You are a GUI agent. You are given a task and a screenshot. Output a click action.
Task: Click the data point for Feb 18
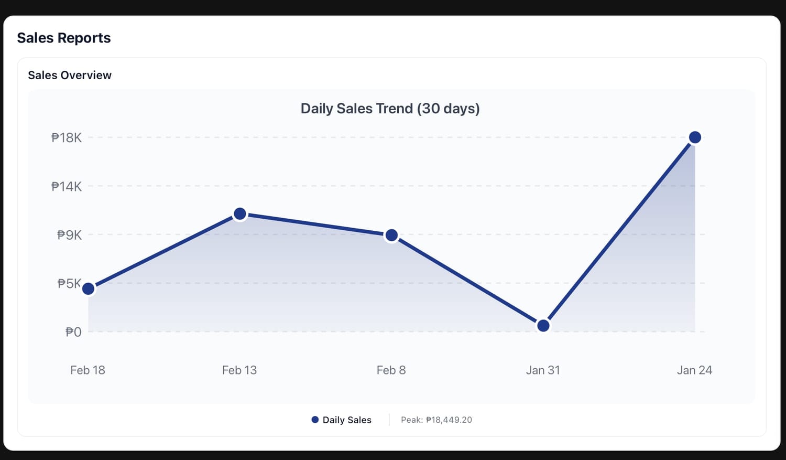coord(89,288)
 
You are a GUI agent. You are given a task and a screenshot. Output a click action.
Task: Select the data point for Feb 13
coord(240,213)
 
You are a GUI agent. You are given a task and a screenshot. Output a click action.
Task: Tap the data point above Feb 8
coord(391,236)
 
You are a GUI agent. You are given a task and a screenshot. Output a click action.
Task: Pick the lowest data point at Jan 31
coord(543,326)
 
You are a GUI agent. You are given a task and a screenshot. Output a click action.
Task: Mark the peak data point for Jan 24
coord(695,137)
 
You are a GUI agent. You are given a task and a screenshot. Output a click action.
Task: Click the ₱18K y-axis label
coord(67,138)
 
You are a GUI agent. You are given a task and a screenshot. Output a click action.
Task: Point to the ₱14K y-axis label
coord(67,186)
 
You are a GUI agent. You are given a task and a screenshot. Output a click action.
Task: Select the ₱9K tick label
coord(70,235)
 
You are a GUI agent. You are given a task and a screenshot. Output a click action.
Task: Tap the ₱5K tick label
coord(70,284)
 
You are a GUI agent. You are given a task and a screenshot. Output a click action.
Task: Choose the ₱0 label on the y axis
coord(73,332)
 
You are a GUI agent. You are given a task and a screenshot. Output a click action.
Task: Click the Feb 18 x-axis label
coord(88,370)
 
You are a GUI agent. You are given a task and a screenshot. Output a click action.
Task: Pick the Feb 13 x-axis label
coord(239,370)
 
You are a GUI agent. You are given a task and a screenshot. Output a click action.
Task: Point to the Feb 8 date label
coord(391,370)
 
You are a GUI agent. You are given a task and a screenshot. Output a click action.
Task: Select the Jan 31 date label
coord(543,370)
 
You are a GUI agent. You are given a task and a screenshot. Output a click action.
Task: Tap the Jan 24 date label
coord(694,370)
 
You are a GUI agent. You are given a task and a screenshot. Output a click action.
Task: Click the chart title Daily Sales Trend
coord(390,109)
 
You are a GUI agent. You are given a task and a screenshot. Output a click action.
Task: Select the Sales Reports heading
coord(64,38)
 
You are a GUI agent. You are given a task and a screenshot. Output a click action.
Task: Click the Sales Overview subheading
coord(70,75)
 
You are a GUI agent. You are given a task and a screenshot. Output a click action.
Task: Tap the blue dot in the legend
coord(315,420)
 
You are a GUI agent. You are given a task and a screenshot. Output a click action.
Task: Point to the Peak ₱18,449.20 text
coord(436,420)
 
